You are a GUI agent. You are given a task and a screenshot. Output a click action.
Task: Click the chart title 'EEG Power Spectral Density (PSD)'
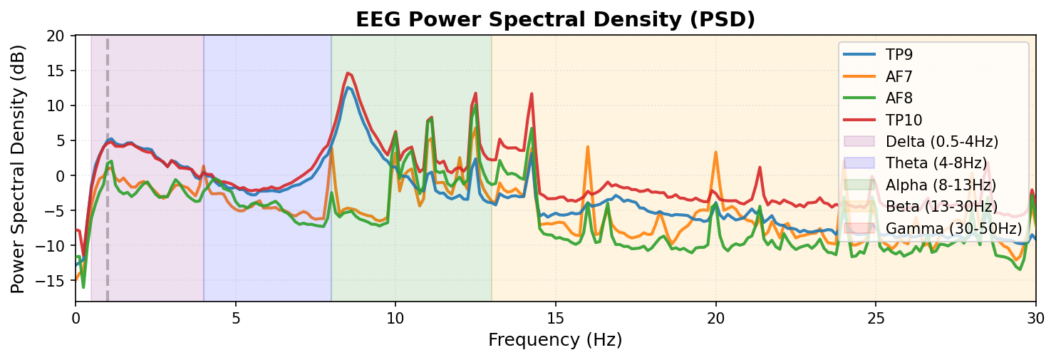(x=555, y=20)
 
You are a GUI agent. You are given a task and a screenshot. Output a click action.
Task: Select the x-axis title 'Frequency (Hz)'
(x=555, y=340)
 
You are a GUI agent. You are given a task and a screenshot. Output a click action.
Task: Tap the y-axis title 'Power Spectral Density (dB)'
(x=17, y=168)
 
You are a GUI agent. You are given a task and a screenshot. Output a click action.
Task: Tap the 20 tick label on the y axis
(x=56, y=36)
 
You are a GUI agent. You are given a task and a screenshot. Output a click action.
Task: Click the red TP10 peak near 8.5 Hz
(x=347, y=73)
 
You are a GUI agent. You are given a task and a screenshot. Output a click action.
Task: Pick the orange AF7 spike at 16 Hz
(x=587, y=147)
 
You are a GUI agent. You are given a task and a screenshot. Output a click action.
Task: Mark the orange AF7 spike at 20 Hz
(x=715, y=152)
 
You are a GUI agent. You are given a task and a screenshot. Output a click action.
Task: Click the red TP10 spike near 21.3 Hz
(x=760, y=168)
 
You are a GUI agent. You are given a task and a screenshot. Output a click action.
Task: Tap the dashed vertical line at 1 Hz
(x=108, y=214)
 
